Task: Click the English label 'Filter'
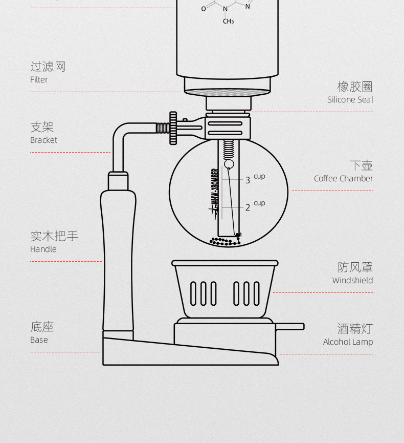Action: tap(39, 80)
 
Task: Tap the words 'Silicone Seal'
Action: tap(350, 100)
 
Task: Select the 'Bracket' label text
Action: tap(43, 140)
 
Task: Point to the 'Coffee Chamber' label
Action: tap(343, 179)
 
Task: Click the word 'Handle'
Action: tap(43, 249)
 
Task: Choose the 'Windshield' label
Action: tap(352, 281)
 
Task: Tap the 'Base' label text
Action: tap(39, 340)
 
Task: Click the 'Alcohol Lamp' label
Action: tap(348, 342)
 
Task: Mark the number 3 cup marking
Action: tap(248, 180)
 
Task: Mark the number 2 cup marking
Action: tap(248, 207)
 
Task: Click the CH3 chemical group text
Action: tap(228, 22)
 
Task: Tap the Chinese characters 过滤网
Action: tap(48, 67)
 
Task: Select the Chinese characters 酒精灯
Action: tap(355, 328)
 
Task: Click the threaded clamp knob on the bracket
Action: tap(173, 128)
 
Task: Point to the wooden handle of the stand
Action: tap(119, 256)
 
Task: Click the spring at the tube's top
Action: tap(229, 149)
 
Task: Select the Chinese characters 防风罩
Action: tap(355, 267)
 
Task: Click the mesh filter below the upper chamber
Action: tap(227, 93)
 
